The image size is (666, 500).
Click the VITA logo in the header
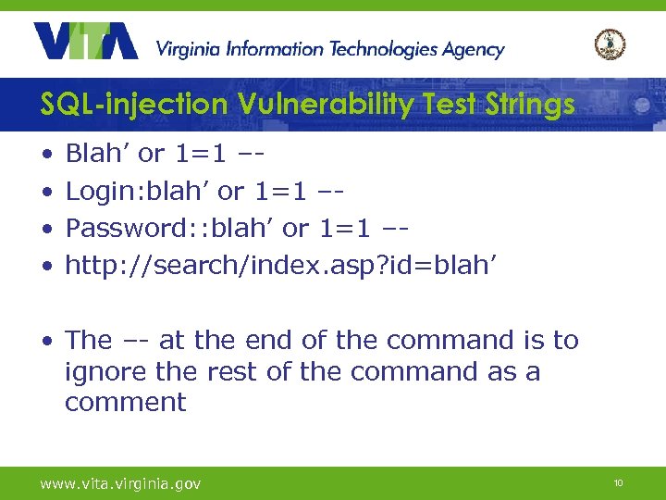[85, 42]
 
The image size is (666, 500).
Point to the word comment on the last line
[125, 403]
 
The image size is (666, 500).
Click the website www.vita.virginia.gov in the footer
[120, 483]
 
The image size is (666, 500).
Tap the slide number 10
[618, 483]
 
